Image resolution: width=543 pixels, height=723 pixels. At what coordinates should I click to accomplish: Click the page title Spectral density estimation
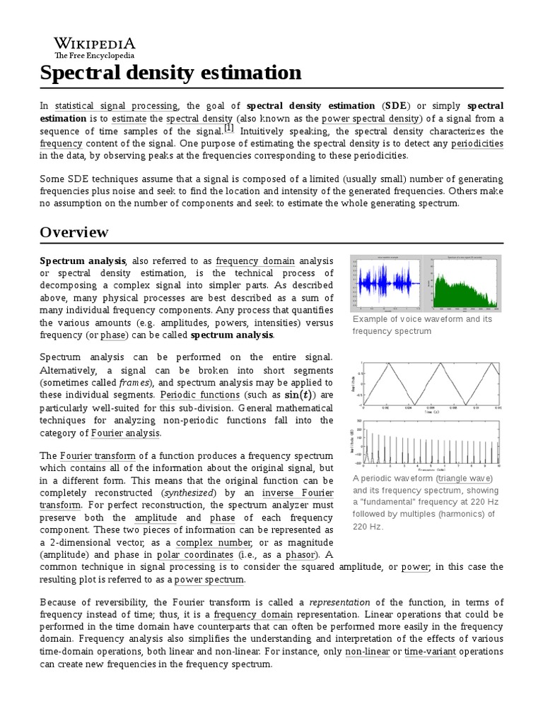click(170, 73)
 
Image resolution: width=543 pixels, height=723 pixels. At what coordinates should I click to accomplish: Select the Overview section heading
click(74, 232)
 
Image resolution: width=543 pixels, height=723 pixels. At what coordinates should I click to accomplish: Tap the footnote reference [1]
click(228, 128)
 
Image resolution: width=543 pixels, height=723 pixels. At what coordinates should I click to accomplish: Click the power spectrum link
click(209, 580)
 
